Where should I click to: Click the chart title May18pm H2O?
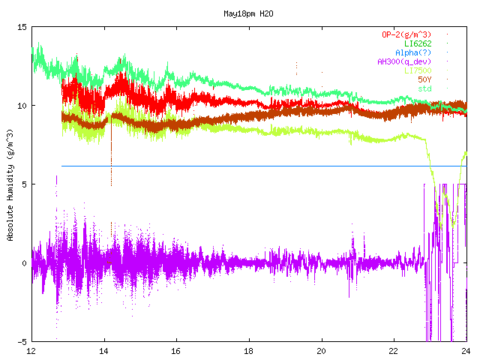(248, 13)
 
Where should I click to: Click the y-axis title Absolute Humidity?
(10, 185)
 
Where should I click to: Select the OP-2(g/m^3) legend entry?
(406, 34)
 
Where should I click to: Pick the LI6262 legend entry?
(418, 43)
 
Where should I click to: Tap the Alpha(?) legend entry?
(413, 52)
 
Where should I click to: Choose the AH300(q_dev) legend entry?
(404, 61)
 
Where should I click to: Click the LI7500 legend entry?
(418, 70)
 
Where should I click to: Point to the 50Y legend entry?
(424, 79)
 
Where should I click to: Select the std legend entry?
(424, 88)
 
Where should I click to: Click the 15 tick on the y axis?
(22, 27)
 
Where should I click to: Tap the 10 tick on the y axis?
(22, 106)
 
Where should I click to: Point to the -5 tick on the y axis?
(22, 342)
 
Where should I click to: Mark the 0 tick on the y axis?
(25, 263)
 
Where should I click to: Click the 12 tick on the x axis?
(31, 351)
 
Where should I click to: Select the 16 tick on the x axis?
(176, 351)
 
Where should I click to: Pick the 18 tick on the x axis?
(248, 351)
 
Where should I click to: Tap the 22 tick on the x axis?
(394, 351)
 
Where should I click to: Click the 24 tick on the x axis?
(466, 351)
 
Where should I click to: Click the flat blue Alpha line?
(264, 166)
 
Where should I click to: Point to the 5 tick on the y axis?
(25, 184)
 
